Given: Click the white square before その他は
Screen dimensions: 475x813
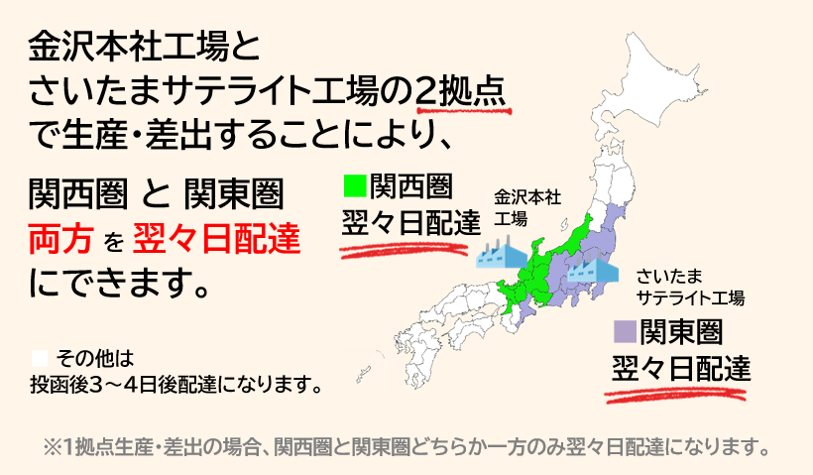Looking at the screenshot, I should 41,355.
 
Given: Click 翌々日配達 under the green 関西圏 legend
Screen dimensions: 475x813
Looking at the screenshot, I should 409,222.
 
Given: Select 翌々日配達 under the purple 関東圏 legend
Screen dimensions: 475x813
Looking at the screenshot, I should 680,366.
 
